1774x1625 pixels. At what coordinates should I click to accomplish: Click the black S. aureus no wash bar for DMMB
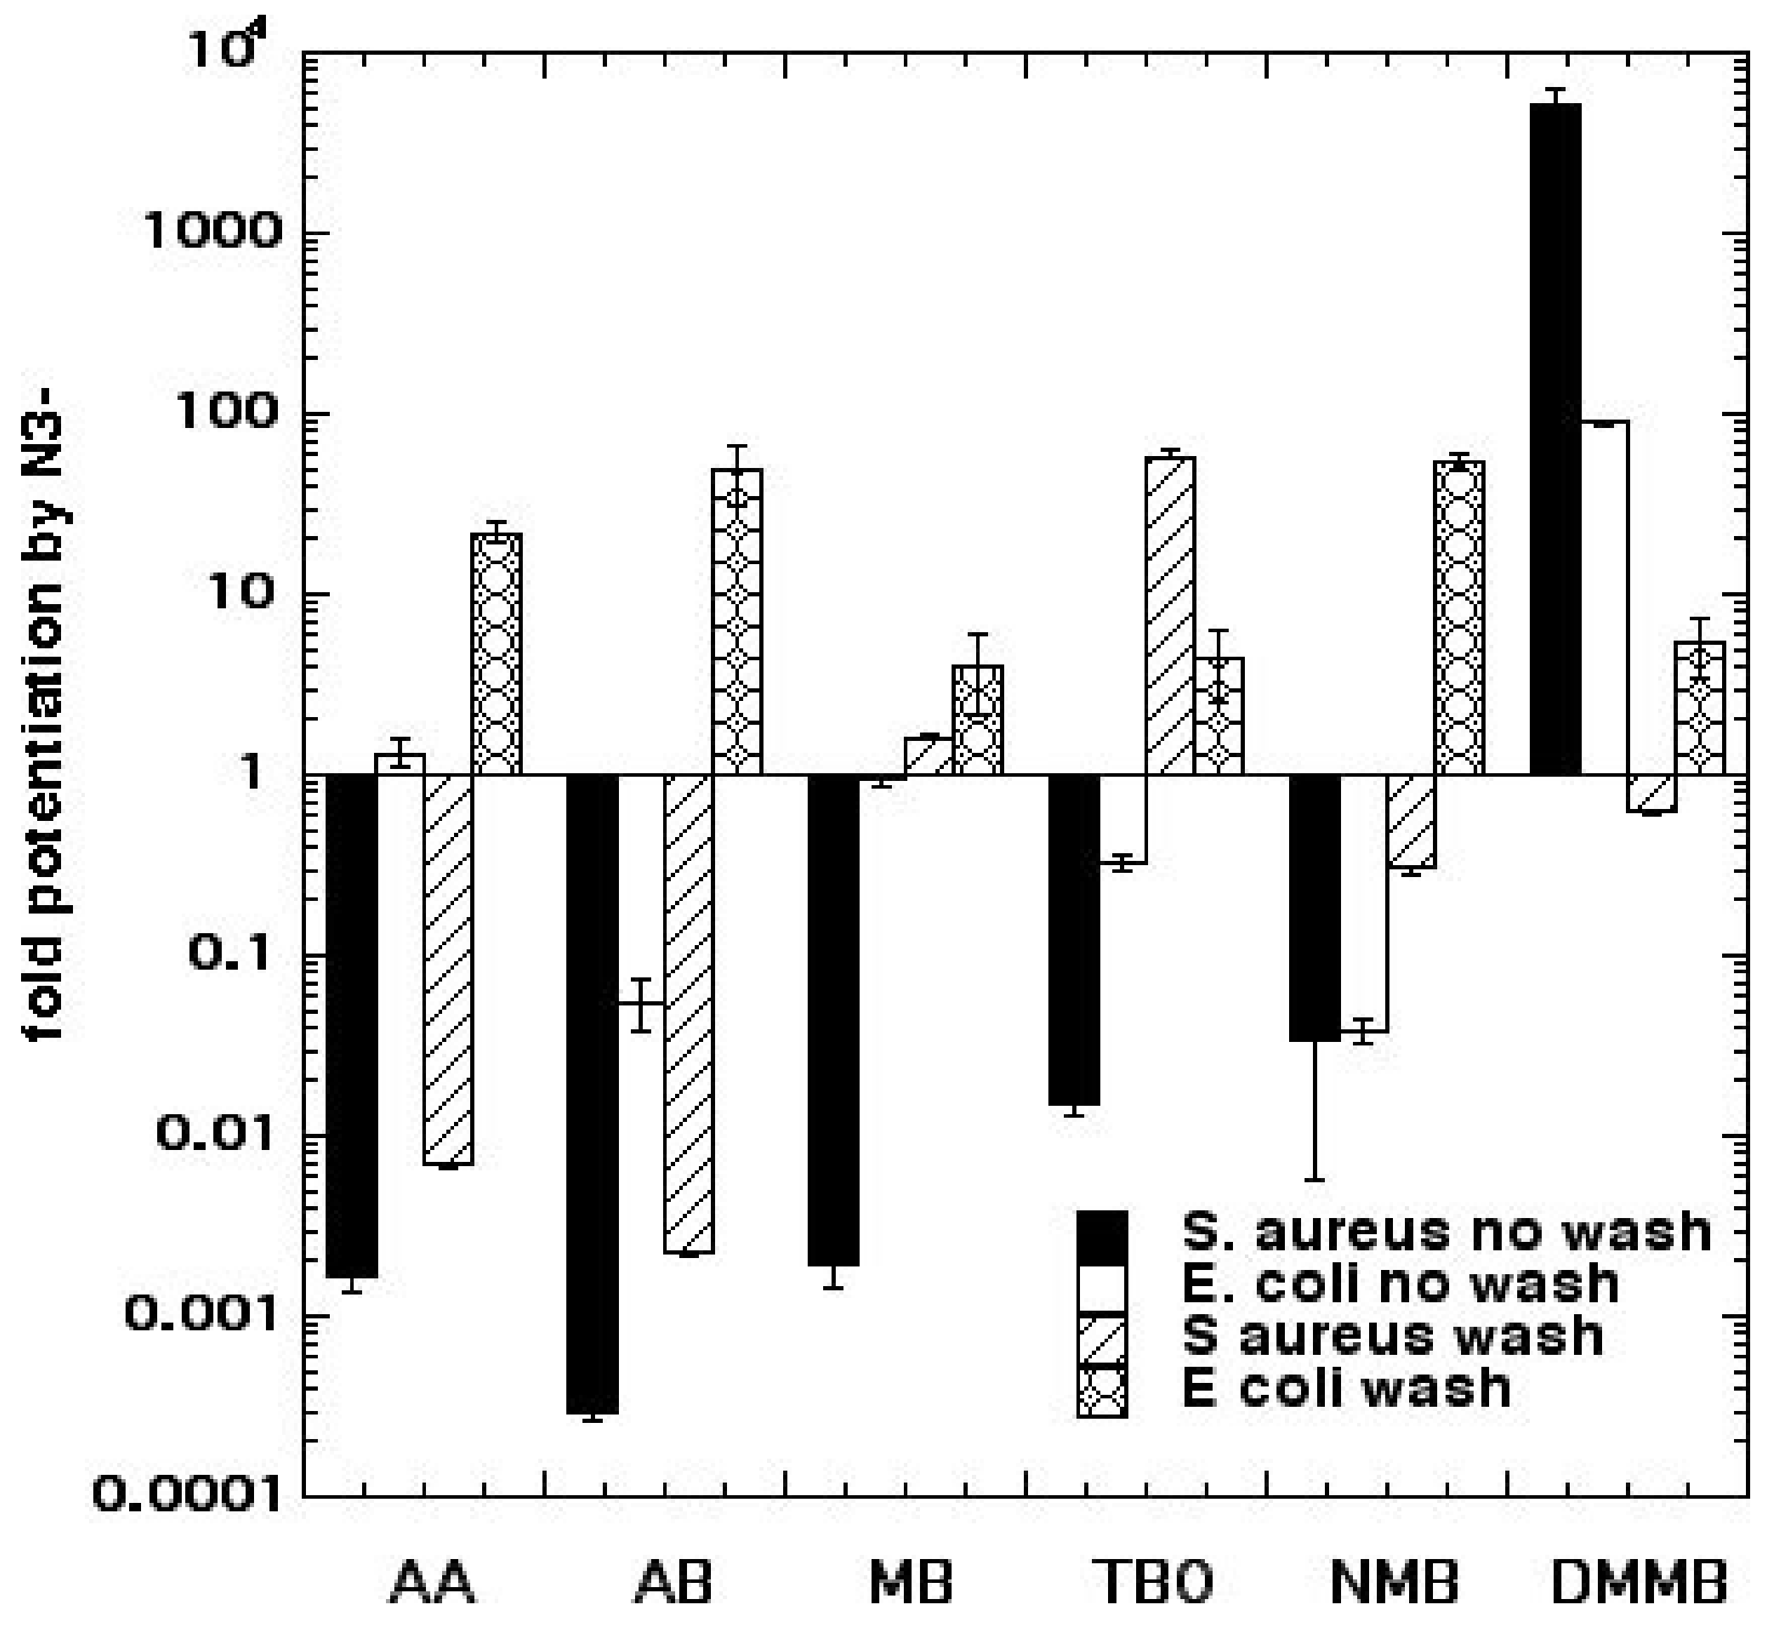click(1556, 440)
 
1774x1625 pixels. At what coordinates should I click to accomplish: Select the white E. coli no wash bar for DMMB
click(1604, 598)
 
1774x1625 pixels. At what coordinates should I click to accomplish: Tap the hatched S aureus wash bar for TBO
click(1171, 616)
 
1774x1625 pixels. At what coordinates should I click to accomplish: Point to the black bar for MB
click(834, 1021)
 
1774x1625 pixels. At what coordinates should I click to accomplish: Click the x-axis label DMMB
click(1638, 1583)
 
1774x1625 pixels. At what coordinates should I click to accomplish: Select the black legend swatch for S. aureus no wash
click(1102, 1238)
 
